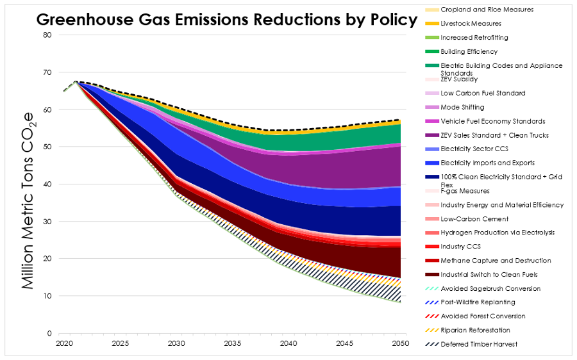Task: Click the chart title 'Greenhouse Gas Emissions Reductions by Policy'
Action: [226, 19]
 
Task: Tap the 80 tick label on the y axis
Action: [47, 35]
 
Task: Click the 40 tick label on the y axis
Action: [47, 184]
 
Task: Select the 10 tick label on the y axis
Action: [47, 296]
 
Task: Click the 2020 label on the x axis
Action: [64, 343]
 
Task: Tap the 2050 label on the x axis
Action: [401, 343]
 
